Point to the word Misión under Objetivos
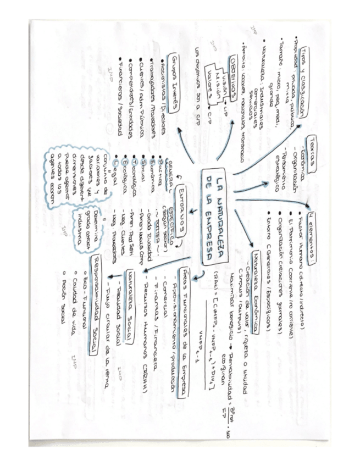coord(218,86)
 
